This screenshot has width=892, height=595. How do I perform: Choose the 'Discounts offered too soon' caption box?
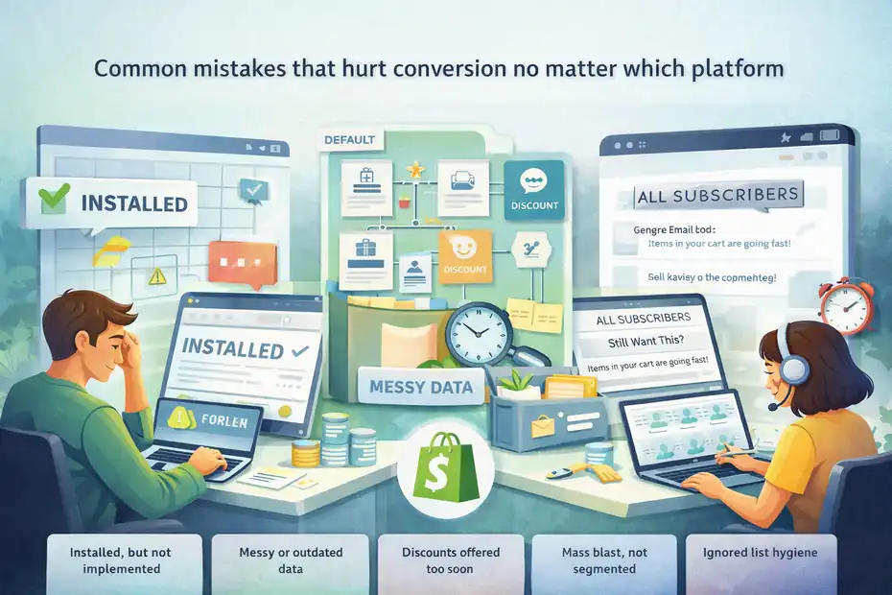450,560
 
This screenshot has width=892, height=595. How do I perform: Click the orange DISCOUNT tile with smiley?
464,256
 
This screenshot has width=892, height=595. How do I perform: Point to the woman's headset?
781,355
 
